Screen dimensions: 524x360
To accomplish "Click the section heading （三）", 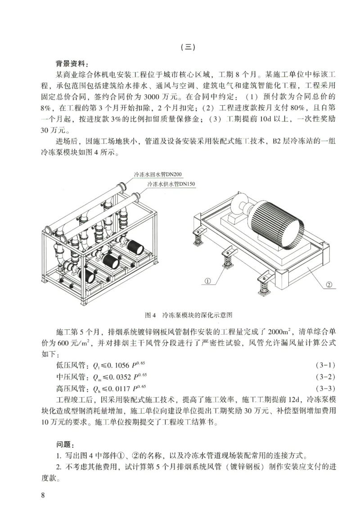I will tap(186, 46).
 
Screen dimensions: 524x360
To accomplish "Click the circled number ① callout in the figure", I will tap(208, 281).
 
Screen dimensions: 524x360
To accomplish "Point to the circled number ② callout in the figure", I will tap(328, 284).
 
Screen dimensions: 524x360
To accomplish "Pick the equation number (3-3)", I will tap(325, 387).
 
